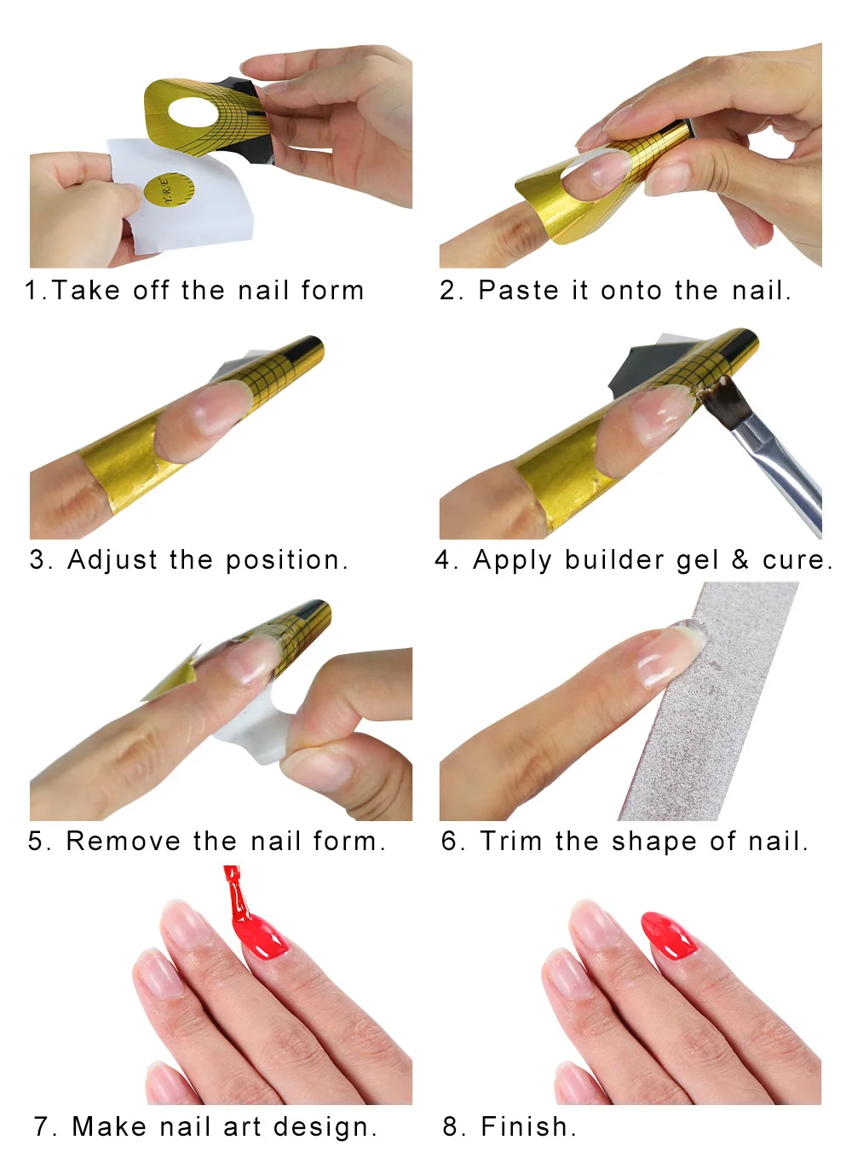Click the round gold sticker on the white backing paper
[168, 189]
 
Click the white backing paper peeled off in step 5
[256, 729]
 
